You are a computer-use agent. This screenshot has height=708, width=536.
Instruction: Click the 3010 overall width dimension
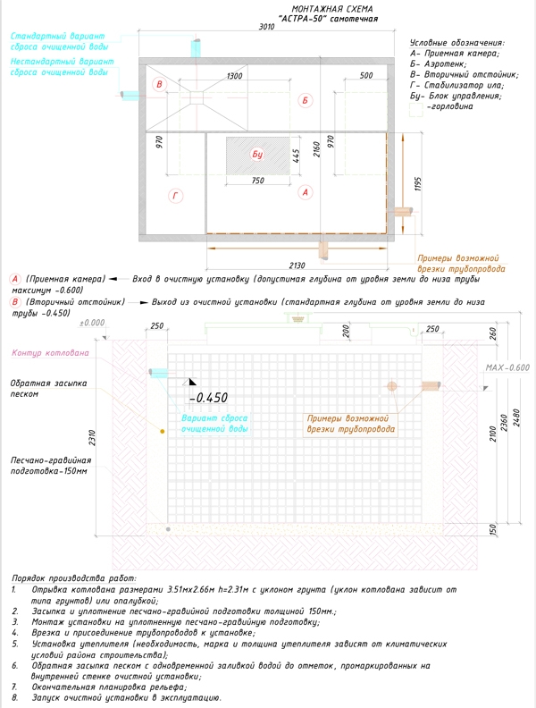click(x=267, y=28)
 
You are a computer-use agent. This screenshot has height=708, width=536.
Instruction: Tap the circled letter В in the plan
click(x=160, y=85)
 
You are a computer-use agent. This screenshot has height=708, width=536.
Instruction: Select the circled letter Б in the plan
click(x=305, y=100)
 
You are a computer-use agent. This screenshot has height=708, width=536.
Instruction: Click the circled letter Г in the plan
click(x=176, y=196)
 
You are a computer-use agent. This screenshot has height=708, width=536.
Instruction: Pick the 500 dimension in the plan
click(x=366, y=77)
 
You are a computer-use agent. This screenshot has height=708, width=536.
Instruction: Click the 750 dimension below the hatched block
click(x=259, y=181)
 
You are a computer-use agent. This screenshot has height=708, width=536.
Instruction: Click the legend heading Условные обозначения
click(x=456, y=42)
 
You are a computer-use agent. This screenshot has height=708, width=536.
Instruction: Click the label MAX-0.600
click(x=507, y=367)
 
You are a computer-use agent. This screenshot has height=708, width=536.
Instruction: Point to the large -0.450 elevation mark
click(x=210, y=398)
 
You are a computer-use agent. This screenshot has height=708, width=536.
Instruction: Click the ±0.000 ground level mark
click(x=91, y=322)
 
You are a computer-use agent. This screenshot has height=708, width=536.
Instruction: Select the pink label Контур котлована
click(x=50, y=354)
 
